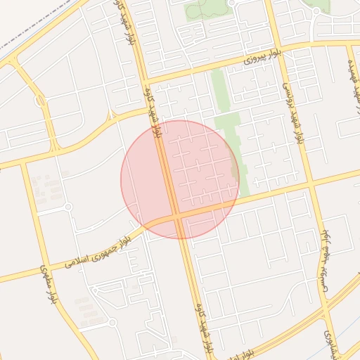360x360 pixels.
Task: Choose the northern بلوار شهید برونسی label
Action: [295, 112]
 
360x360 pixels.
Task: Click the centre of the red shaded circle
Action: [180, 179]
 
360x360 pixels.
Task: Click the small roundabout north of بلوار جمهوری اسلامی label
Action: [68, 207]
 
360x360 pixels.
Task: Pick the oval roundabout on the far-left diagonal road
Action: [40, 101]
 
